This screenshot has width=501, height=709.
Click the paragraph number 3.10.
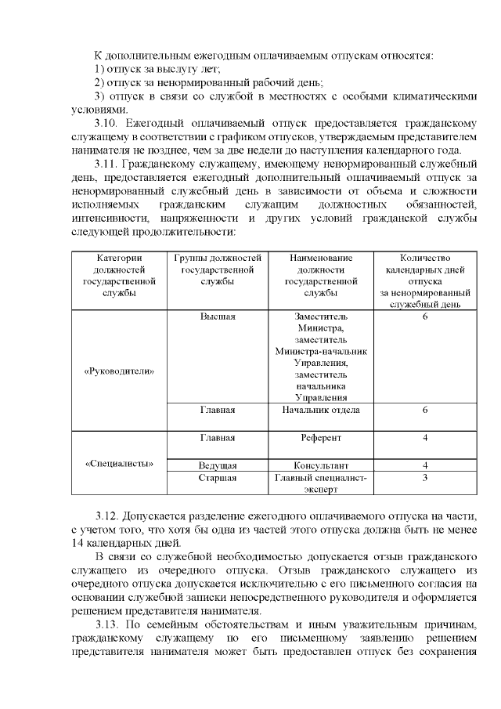[x=106, y=124]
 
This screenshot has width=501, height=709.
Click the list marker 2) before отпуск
[x=99, y=82]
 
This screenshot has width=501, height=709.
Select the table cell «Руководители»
[x=118, y=371]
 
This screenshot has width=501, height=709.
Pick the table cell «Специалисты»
[x=118, y=463]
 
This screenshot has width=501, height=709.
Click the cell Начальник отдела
[x=321, y=410]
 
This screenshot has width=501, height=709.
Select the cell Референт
[x=321, y=437]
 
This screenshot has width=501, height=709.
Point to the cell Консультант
[x=321, y=465]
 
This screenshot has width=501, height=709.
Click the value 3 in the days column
[x=424, y=477]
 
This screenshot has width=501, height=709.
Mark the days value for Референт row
[x=424, y=437]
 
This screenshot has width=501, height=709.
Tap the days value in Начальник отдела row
[x=424, y=410]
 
